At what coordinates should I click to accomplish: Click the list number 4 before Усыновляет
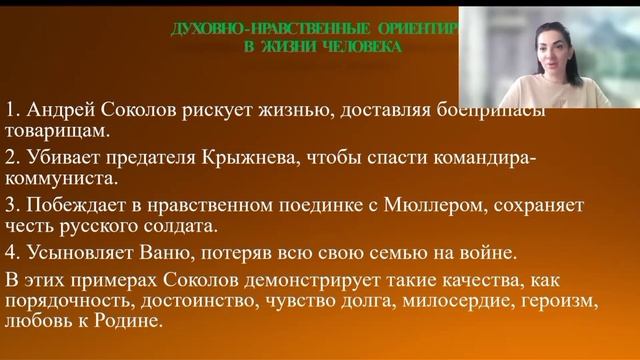click(11, 252)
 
